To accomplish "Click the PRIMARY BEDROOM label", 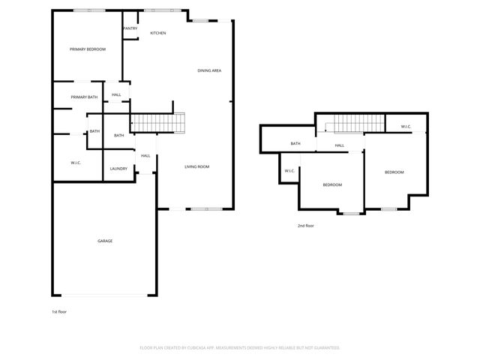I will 88,49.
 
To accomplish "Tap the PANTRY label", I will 130,28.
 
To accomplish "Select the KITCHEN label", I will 157,33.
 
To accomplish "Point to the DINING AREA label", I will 209,70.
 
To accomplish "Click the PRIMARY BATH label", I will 84,97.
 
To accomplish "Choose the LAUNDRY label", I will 118,169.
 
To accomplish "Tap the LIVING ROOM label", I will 196,166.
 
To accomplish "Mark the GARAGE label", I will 105,241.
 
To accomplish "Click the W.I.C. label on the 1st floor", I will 76,163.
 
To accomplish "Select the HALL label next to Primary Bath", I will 116,94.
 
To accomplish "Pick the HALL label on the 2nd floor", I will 339,145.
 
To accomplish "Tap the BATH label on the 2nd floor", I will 295,143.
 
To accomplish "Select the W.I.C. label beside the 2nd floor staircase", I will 405,126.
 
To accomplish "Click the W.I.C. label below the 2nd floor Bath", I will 289,171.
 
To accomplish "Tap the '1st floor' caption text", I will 59,310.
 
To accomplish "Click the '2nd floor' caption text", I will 305,225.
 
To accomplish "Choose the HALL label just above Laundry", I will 145,155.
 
